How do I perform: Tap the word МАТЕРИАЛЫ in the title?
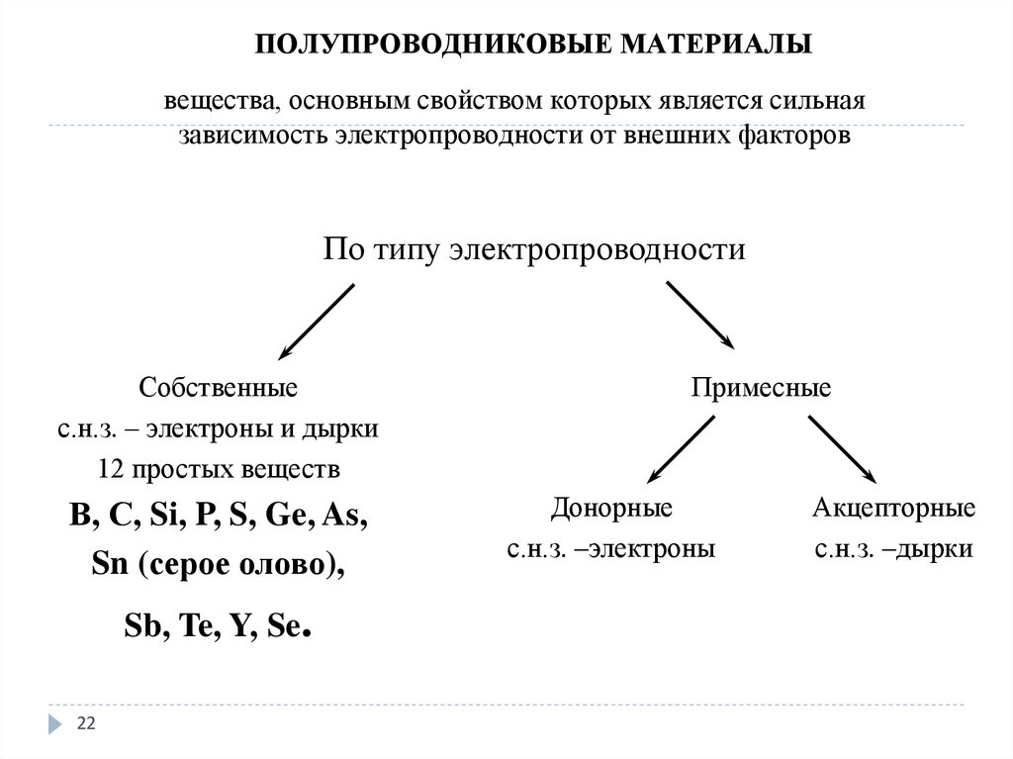click(x=716, y=45)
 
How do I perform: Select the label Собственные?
click(x=218, y=387)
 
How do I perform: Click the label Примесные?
click(x=761, y=387)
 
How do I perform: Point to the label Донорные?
click(x=611, y=509)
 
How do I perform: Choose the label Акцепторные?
click(x=894, y=509)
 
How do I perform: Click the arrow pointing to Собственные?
click(x=316, y=322)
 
